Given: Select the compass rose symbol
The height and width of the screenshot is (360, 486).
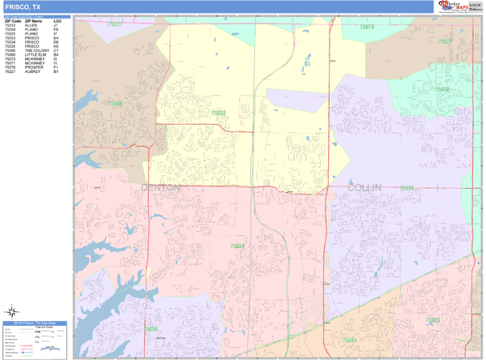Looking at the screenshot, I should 12,311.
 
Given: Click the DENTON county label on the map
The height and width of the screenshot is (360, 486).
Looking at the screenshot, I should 160,187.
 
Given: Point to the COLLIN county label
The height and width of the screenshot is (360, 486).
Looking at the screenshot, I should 363,187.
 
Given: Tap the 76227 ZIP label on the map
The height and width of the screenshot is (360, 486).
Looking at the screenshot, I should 115,24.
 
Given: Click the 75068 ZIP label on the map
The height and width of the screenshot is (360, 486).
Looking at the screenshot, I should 116,104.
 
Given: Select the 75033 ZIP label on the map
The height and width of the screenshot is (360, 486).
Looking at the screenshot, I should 218,114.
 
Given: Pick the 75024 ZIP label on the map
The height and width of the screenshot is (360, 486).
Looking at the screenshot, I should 349,340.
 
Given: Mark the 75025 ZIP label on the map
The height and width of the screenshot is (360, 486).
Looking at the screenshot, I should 433,320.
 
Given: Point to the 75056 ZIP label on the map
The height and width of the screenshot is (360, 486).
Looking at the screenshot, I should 151,328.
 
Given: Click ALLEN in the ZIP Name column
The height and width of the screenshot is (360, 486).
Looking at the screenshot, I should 31,25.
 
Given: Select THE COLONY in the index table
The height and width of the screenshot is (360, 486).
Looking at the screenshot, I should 36,50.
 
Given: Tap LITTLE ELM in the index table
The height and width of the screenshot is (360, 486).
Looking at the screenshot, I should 35,54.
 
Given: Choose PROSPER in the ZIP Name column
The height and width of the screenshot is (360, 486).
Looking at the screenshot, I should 32,67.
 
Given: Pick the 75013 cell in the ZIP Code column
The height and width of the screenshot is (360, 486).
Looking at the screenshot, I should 11,25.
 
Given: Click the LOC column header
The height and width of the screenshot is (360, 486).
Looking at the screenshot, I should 58,20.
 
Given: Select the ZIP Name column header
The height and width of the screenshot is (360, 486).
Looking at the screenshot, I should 33,20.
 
